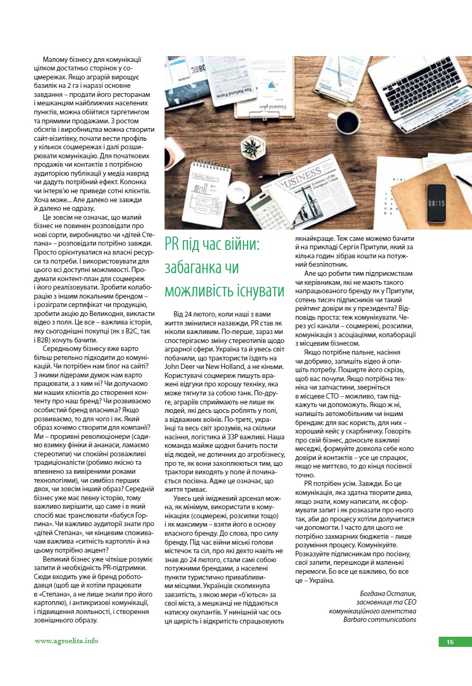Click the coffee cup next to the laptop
click(348, 122)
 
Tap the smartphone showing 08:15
click(437, 203)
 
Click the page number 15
click(450, 642)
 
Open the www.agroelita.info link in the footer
click(66, 641)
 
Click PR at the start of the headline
click(172, 245)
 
